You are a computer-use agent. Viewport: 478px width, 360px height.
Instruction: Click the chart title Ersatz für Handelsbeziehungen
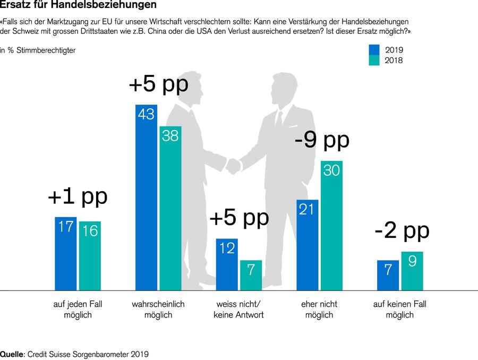point(78,5)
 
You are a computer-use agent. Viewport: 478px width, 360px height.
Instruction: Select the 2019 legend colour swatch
point(374,49)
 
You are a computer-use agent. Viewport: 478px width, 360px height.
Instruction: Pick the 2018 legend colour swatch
point(374,61)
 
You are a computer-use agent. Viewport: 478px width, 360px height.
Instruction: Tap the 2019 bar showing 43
point(146,197)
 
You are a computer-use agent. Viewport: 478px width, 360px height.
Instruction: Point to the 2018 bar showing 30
point(331,225)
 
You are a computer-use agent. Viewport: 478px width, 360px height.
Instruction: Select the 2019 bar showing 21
point(307,245)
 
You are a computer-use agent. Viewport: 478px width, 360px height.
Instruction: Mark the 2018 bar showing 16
point(90,255)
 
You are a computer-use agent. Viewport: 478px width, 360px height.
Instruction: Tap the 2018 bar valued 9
point(412,271)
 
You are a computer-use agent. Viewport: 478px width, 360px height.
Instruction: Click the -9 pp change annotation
point(322,140)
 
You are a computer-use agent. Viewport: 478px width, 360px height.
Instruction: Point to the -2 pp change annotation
point(402,230)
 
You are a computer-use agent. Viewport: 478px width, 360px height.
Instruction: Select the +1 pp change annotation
point(78,196)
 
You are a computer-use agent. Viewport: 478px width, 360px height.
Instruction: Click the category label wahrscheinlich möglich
point(158,310)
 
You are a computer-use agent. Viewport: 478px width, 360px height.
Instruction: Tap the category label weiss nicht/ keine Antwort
point(238,310)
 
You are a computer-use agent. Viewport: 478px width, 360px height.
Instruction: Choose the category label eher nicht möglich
point(319,310)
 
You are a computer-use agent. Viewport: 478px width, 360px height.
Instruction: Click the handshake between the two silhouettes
point(233,166)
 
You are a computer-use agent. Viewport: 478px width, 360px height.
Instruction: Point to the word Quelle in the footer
point(12,354)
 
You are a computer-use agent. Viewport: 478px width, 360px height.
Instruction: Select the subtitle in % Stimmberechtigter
point(38,50)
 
